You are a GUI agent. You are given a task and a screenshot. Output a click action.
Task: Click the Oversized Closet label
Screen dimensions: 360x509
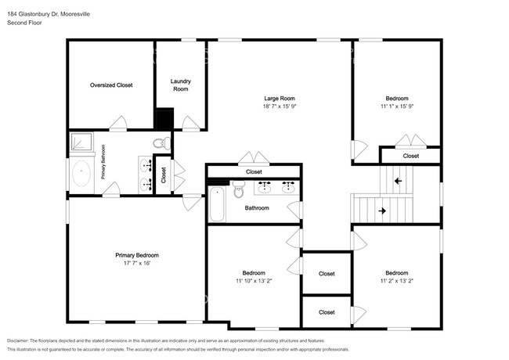[x=111, y=85]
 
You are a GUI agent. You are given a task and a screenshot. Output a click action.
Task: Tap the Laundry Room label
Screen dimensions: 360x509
[x=181, y=85]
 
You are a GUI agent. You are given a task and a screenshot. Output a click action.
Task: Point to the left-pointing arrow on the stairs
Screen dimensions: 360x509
[x=398, y=181]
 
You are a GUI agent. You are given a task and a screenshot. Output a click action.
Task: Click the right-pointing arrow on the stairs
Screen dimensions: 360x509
[x=382, y=211]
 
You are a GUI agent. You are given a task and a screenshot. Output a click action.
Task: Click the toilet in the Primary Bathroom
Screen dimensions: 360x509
[x=161, y=143]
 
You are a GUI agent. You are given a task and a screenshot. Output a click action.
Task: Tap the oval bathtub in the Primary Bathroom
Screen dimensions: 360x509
[x=81, y=173]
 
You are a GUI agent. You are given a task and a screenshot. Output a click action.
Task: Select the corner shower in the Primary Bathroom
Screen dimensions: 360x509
[x=81, y=142]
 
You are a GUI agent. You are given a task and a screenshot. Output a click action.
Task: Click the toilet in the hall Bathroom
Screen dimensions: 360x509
[x=240, y=188]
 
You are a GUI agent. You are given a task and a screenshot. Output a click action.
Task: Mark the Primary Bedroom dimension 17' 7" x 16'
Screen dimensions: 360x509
[x=137, y=263]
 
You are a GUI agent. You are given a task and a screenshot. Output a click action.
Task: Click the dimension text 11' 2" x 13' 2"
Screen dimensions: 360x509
[x=395, y=280]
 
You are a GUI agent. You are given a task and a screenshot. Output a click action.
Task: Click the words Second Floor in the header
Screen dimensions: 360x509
[x=23, y=23]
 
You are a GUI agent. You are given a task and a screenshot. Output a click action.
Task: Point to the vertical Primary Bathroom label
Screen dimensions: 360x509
[x=103, y=163]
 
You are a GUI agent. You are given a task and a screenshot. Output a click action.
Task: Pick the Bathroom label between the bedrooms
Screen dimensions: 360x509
[x=257, y=207]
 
